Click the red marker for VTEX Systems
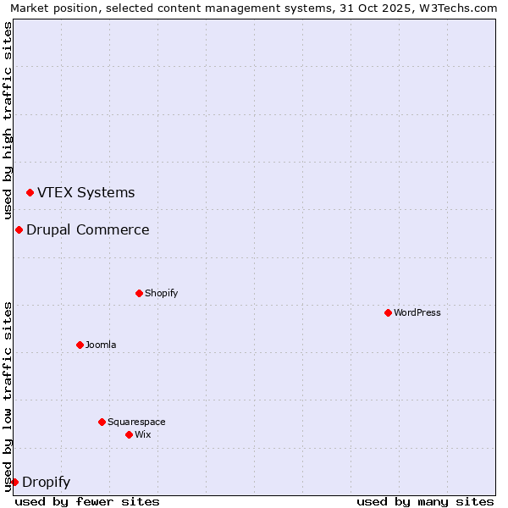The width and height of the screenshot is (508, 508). (30, 193)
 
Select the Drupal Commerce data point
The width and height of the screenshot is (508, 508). (19, 230)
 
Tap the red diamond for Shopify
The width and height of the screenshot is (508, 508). (139, 293)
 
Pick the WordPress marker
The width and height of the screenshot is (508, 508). (388, 312)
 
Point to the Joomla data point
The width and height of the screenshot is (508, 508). (80, 345)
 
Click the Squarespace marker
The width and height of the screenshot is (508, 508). (102, 422)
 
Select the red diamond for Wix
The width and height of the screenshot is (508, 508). (129, 434)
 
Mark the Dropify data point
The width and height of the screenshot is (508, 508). (14, 482)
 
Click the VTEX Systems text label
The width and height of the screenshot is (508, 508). (86, 193)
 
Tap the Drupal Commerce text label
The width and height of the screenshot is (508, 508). (87, 230)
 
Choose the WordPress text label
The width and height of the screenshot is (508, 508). (417, 312)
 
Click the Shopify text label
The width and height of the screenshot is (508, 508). (161, 293)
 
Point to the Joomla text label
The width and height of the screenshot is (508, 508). (101, 345)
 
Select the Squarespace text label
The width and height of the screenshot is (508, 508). (136, 422)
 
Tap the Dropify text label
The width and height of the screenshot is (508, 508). (46, 483)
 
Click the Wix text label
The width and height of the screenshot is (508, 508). (142, 434)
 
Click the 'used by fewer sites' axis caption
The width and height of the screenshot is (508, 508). (87, 501)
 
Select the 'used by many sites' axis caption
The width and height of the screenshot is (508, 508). (425, 501)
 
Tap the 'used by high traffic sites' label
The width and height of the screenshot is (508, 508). (8, 119)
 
